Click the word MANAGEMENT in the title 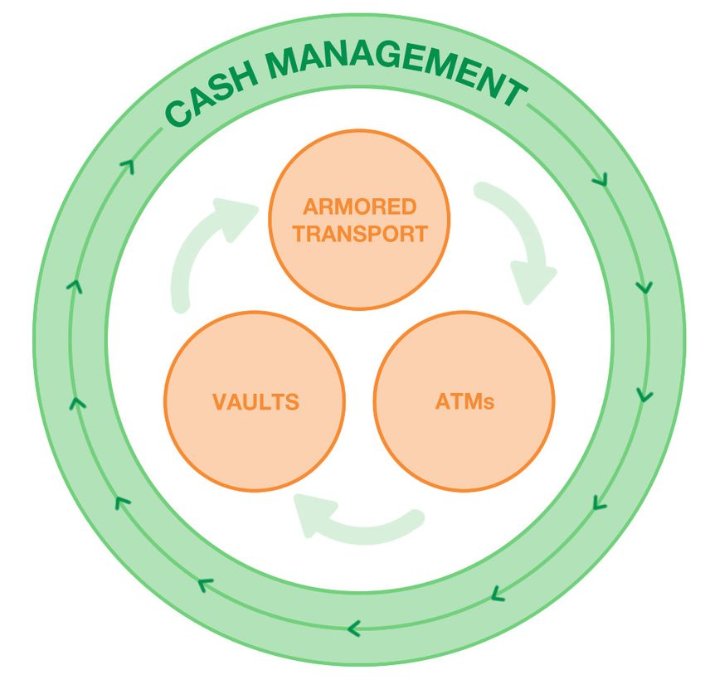click(397, 72)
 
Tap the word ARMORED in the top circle click(360, 206)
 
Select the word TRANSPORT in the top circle click(360, 234)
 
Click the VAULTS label click(255, 403)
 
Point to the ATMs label click(464, 403)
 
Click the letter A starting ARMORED click(311, 206)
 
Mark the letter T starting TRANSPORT click(299, 234)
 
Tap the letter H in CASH click(248, 81)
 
